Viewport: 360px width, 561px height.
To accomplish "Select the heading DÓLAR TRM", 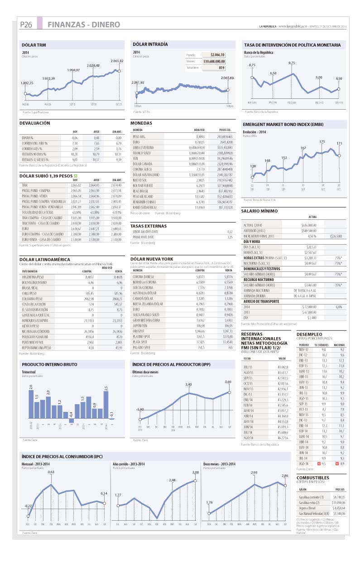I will (x=34, y=45).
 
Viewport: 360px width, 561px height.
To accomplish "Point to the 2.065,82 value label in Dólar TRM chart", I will (x=116, y=61).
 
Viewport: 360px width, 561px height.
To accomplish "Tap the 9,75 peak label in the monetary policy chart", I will (x=291, y=63).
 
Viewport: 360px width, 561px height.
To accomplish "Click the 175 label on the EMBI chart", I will (x=322, y=142).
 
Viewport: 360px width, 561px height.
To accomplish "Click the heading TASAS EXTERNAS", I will (x=148, y=226).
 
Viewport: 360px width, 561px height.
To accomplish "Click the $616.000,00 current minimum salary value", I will (x=308, y=225).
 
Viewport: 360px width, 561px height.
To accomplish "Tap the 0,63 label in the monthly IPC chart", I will (x=51, y=472).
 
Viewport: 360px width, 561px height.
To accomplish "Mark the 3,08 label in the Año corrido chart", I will (x=196, y=472).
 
